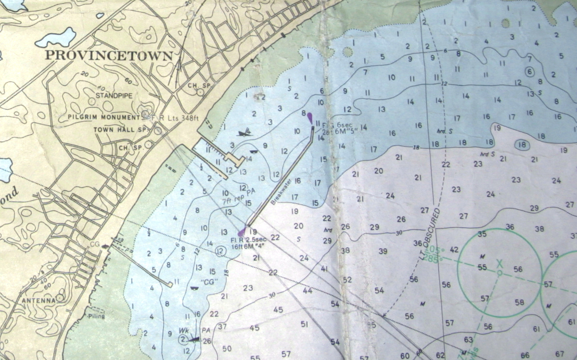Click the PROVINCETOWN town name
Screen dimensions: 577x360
point(108,56)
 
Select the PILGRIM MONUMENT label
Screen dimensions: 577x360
point(104,118)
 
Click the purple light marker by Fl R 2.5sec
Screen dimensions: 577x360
point(241,232)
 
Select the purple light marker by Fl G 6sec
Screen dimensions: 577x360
point(310,118)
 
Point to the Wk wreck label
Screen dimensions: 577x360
point(183,330)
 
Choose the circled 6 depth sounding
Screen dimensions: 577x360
point(530,72)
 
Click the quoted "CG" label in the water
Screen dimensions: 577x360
point(210,282)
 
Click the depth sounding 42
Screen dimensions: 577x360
point(454,250)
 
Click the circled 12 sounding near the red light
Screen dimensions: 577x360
point(220,252)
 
